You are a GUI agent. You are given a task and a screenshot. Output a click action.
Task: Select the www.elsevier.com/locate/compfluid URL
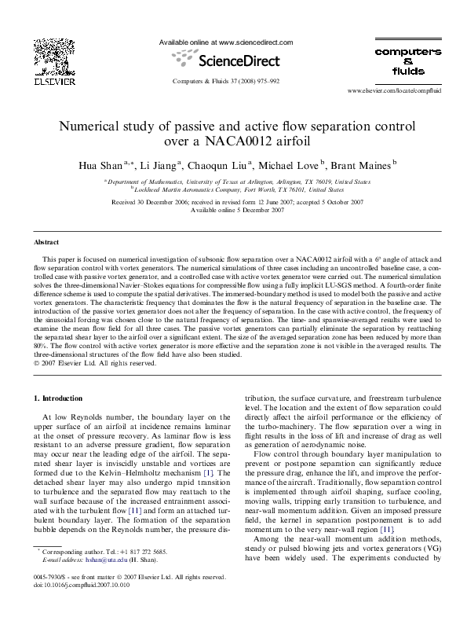coord(391,91)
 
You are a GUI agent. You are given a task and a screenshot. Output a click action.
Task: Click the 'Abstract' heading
coord(50,242)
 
